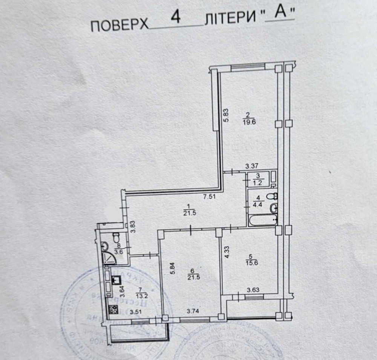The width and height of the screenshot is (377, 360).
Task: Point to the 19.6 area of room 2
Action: pos(248,121)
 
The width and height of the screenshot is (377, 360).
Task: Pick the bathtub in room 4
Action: pos(262,220)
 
